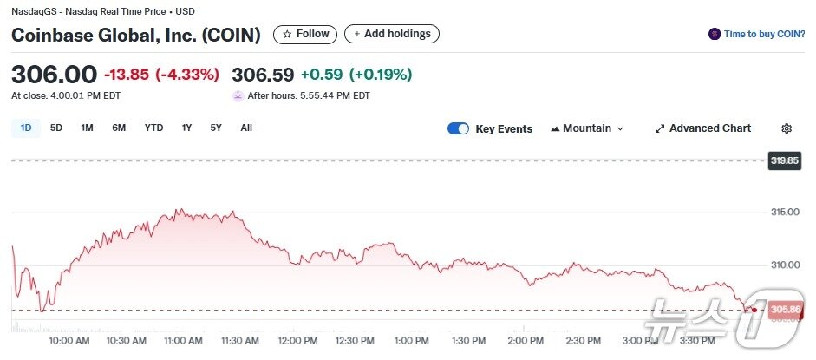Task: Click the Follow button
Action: tap(306, 34)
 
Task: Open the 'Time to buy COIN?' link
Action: tap(757, 34)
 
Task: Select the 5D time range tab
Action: tap(56, 128)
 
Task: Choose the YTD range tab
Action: tap(153, 128)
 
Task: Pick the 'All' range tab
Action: tap(246, 128)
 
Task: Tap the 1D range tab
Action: tap(26, 128)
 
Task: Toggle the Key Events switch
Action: tap(458, 128)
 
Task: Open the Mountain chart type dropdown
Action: tap(587, 128)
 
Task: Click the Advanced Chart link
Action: tap(703, 128)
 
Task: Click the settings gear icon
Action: tap(787, 128)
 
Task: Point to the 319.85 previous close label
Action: tap(784, 160)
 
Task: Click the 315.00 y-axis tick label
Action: tap(784, 213)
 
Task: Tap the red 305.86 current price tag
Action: tap(784, 310)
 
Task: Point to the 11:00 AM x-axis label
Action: tap(184, 341)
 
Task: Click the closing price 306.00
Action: tap(54, 75)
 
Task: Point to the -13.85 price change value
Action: tap(126, 75)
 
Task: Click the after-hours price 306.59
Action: tap(264, 75)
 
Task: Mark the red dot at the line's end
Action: tap(754, 310)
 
